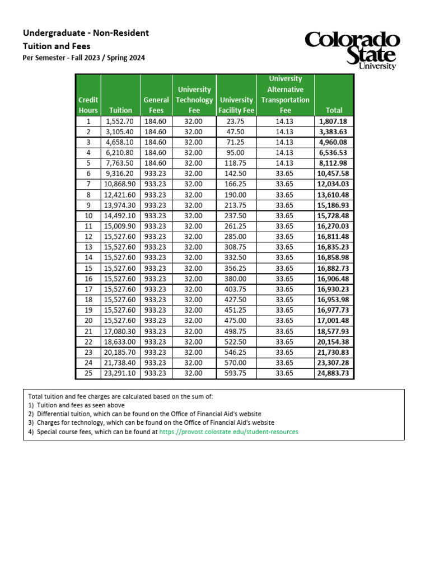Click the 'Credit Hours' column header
(x=88, y=105)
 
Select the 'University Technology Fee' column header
(x=194, y=100)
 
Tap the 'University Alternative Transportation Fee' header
(x=285, y=95)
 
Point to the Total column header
(x=334, y=110)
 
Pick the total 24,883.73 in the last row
(x=334, y=373)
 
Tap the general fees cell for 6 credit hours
(x=156, y=173)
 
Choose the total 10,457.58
(x=334, y=173)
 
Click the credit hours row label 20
(x=88, y=321)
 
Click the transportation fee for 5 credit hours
(x=285, y=163)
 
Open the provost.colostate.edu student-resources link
(x=228, y=432)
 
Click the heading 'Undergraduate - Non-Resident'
(x=86, y=33)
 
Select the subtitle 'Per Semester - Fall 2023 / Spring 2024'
(x=84, y=58)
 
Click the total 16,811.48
(x=334, y=236)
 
